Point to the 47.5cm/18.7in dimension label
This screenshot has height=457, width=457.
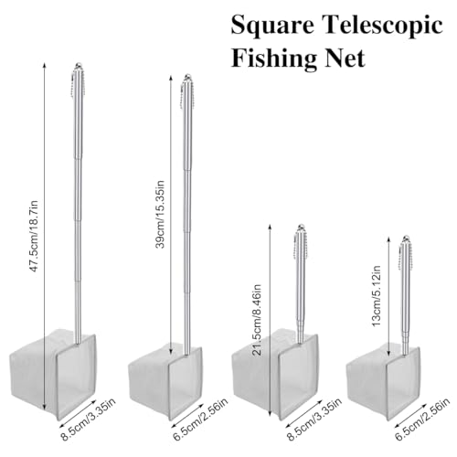pos(33,236)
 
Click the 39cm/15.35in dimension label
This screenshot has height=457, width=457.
pos(160,215)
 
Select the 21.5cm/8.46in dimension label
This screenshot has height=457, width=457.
pos(257,320)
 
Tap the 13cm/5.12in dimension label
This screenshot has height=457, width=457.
pos(377,296)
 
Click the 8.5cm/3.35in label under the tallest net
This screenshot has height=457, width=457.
pos(89,419)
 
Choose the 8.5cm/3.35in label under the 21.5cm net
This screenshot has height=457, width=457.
pos(314,419)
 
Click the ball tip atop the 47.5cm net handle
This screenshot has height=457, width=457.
pos(79,65)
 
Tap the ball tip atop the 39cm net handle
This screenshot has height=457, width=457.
pos(187,77)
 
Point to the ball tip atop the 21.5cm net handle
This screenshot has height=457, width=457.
pos(301,228)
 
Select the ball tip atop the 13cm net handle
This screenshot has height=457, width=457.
pos(405,239)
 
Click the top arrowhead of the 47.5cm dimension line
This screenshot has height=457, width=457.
pos(45,65)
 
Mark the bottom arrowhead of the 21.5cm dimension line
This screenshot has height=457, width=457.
pos(270,413)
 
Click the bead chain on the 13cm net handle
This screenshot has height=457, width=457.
pos(411,256)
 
